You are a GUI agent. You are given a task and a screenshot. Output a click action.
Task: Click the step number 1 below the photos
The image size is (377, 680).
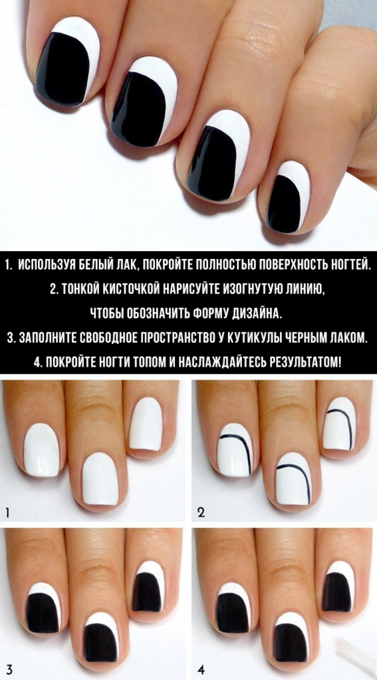(x=8, y=513)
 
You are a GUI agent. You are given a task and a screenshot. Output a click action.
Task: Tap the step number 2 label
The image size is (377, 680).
(x=201, y=513)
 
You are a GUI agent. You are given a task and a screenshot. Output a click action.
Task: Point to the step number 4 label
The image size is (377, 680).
(x=201, y=670)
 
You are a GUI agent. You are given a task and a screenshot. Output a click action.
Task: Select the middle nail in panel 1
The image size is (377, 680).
(x=100, y=479)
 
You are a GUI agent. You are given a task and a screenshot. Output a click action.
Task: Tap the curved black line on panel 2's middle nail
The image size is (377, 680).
(x=297, y=478)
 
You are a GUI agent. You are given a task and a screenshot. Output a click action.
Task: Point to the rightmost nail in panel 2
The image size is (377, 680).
(x=339, y=424)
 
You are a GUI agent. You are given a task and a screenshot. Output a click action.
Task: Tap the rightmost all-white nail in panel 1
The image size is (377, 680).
(x=146, y=424)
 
